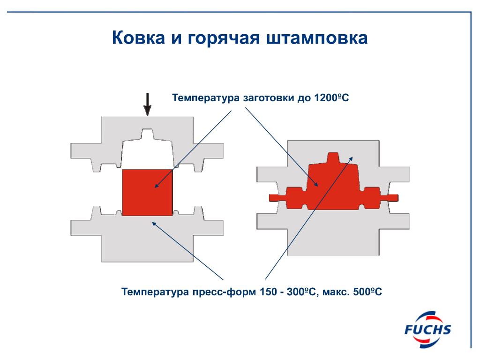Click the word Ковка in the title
(138, 37)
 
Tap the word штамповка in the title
(317, 38)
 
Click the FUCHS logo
(427, 330)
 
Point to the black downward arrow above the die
(148, 104)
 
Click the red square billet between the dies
(147, 192)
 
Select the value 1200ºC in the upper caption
(331, 97)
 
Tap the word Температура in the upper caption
(206, 98)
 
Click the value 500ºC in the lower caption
(367, 292)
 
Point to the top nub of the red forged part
(333, 157)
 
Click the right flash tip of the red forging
(397, 198)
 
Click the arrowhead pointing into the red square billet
(156, 186)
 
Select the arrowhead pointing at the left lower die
(154, 224)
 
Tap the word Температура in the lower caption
(155, 292)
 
